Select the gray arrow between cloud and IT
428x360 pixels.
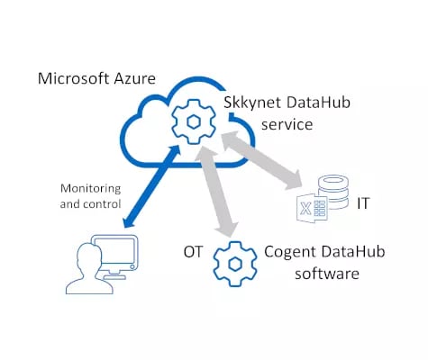(x=262, y=163)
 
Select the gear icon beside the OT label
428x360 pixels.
(x=232, y=261)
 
